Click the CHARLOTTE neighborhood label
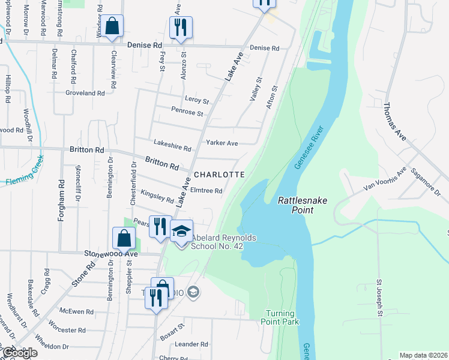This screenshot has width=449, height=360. click(219, 175)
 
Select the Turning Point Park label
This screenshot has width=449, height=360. click(280, 317)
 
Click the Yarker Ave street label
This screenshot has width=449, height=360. click(222, 143)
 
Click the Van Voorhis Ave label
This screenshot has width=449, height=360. click(384, 179)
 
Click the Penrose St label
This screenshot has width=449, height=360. click(187, 112)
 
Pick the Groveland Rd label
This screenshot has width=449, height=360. click(85, 94)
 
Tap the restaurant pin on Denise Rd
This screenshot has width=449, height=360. click(180, 27)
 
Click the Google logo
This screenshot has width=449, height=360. click(19, 353)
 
